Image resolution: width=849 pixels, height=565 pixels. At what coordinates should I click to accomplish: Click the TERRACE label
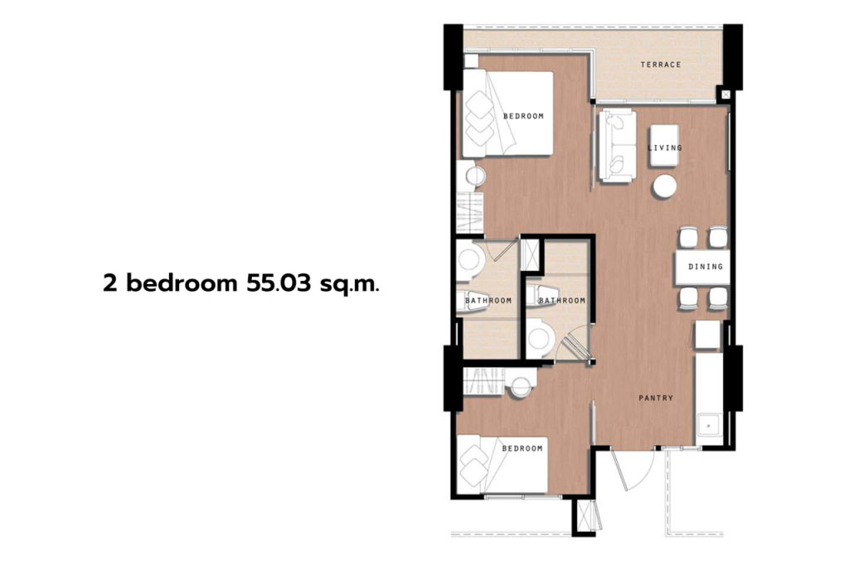coord(661,65)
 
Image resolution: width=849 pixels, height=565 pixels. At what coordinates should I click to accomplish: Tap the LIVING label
coord(664,148)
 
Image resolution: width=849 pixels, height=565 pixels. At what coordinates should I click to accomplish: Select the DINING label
coord(706,267)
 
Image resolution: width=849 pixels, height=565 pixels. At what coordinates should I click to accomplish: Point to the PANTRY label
coord(656,398)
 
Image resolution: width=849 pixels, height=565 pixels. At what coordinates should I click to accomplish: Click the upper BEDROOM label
coord(523,116)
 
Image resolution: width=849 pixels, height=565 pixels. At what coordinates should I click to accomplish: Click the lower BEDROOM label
coord(522,448)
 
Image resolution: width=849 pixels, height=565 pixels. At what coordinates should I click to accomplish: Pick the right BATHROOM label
coord(561,301)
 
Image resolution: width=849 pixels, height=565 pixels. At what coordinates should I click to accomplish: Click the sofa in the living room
coord(616,147)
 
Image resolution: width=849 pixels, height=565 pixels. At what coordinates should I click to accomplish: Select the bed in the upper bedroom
coord(507,113)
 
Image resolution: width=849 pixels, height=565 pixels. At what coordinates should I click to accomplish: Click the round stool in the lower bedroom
coord(522,385)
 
